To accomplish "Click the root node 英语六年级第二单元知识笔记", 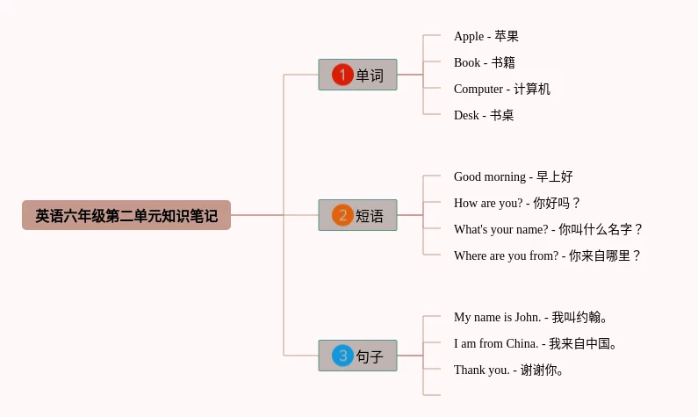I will (x=126, y=215).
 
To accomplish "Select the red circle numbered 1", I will (x=342, y=75).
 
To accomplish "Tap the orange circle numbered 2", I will (x=342, y=215).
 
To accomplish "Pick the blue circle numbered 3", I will (x=342, y=356).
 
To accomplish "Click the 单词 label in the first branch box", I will (x=370, y=75).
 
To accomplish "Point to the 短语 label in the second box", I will (x=370, y=216).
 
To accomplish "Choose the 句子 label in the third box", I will (x=370, y=356).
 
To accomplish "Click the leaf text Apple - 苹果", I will (x=486, y=36).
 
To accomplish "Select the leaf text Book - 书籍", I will (x=484, y=62).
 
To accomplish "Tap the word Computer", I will (x=479, y=89).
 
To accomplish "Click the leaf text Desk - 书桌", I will (x=484, y=115).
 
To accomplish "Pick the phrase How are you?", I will (x=488, y=203).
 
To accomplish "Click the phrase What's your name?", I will (x=500, y=229).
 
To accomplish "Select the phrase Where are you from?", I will (x=506, y=255).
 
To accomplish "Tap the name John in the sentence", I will (x=527, y=317).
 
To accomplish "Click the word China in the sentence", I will (x=522, y=343).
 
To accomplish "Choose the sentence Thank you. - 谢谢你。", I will (x=508, y=370).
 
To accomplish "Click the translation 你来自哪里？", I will (x=605, y=255).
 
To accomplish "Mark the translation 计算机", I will (x=532, y=89).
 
